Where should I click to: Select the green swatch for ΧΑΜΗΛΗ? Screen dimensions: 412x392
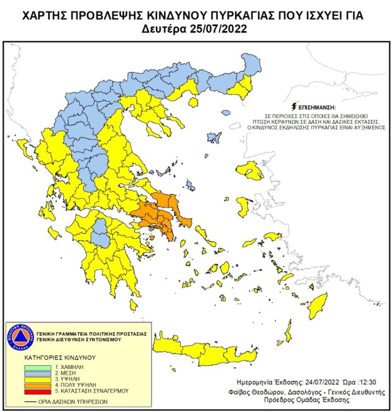(38, 367)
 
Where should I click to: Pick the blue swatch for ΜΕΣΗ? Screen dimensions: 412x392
(38, 373)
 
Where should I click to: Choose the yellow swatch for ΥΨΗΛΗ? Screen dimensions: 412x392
(38, 379)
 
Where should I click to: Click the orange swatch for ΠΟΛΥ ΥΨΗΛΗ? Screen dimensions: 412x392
(38, 385)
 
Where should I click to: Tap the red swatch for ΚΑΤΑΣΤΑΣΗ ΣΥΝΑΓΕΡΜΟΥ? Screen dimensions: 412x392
(38, 391)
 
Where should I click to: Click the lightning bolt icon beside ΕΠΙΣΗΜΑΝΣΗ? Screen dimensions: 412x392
(293, 107)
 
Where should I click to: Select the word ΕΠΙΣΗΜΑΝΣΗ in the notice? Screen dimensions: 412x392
(318, 108)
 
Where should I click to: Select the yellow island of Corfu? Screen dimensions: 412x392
(24, 147)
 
